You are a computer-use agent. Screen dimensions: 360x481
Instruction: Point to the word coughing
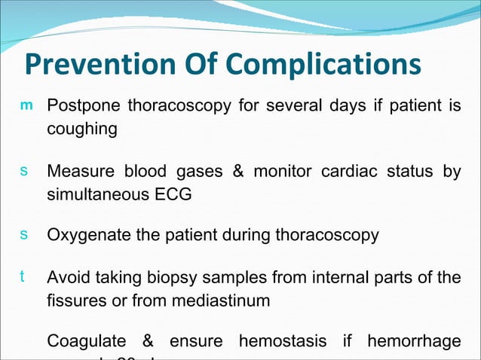pyautogui.click(x=82, y=129)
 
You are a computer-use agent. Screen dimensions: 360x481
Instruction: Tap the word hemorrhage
pyautogui.click(x=413, y=342)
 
